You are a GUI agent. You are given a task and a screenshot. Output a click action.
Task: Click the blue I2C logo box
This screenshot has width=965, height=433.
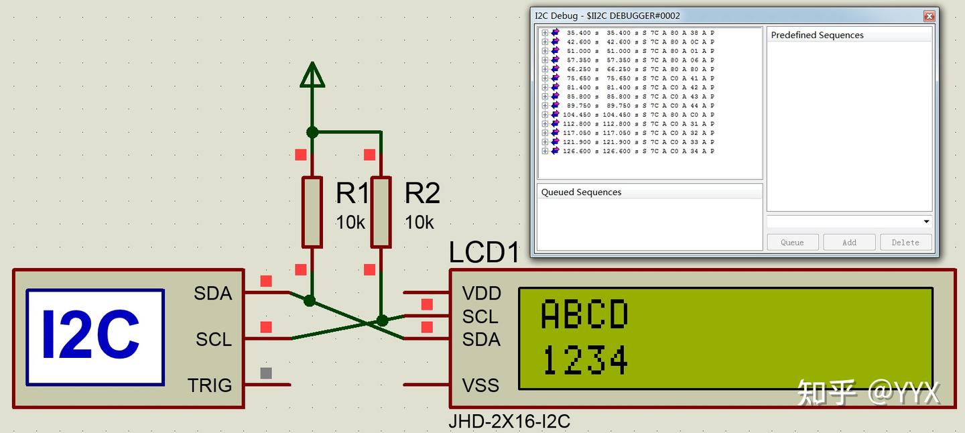click(95, 337)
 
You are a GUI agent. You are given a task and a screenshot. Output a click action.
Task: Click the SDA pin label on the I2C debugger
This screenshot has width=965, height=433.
click(212, 294)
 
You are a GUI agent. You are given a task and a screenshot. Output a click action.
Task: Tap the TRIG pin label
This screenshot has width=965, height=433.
click(209, 385)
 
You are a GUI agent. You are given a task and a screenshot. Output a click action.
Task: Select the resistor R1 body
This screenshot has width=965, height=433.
click(312, 212)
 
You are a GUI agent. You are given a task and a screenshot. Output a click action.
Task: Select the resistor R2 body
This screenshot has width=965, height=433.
click(381, 212)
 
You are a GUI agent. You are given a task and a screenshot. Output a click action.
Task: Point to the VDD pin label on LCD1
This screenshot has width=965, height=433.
click(481, 294)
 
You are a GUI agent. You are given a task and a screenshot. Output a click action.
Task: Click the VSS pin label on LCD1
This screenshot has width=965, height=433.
click(481, 385)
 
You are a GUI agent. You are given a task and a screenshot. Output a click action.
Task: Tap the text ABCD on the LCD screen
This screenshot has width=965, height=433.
click(584, 315)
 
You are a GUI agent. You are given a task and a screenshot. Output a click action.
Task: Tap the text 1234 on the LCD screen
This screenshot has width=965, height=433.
click(584, 361)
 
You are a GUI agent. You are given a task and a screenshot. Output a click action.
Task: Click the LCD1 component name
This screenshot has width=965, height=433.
click(484, 253)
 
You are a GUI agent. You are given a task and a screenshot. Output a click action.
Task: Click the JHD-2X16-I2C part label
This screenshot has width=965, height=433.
click(509, 422)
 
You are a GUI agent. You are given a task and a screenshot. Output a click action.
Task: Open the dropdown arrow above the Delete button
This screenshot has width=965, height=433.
click(926, 222)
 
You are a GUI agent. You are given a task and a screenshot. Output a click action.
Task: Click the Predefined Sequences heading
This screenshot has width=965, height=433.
click(817, 36)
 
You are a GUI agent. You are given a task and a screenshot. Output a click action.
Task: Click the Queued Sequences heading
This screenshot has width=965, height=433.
click(581, 192)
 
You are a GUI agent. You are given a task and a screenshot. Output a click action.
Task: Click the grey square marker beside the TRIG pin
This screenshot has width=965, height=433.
click(266, 373)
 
